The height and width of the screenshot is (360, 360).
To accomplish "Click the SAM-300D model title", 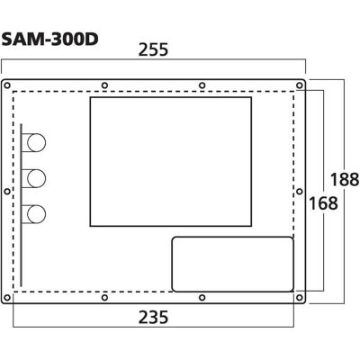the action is coord(49,40).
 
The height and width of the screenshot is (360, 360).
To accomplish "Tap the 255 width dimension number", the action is coord(153,49).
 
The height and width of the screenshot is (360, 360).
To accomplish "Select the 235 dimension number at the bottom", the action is coord(153,317).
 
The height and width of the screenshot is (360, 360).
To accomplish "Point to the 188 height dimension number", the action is coord(345,180).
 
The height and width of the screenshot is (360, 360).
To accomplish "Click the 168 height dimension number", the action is coord(323,203).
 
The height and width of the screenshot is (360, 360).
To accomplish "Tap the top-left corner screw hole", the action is coord(7,85).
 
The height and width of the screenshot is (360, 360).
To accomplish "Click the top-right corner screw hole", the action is coord(299,85).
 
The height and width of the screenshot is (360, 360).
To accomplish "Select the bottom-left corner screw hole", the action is coord(7,298).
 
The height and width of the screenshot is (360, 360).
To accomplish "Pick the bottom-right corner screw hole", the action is coord(299,298).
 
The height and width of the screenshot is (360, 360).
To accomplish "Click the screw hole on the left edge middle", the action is coord(7,192).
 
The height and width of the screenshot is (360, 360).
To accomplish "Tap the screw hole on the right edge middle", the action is coord(299,192).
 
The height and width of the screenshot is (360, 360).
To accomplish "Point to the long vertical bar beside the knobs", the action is coord(21,205).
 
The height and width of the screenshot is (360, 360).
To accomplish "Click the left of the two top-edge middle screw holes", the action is coord(104,85).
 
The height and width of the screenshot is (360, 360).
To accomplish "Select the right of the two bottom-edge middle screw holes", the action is coord(202,298).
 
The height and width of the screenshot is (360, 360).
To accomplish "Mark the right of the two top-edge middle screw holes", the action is coord(202,85).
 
